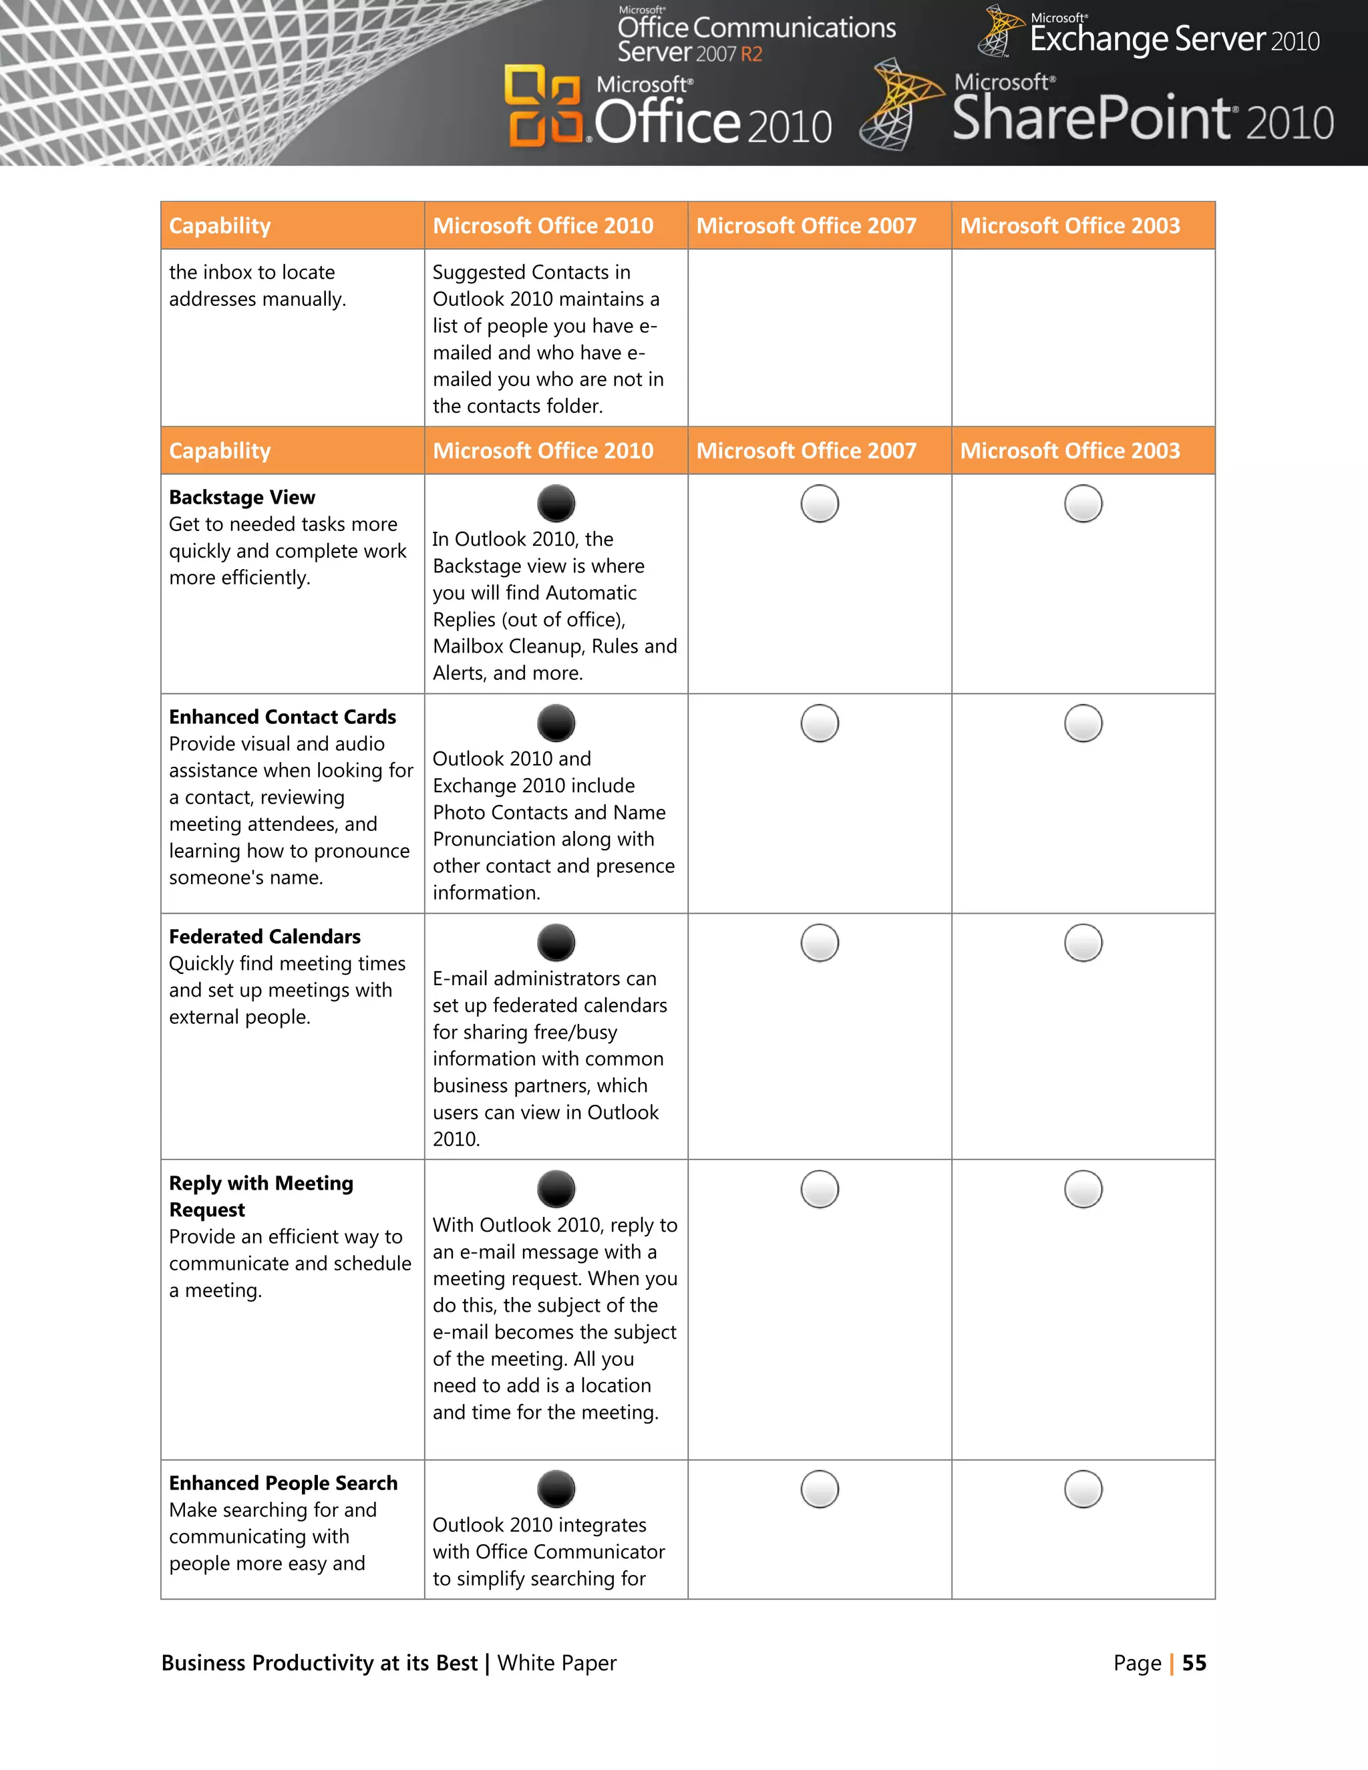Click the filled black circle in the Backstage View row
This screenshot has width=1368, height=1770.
(556, 504)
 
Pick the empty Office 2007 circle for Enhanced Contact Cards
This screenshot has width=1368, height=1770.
(820, 723)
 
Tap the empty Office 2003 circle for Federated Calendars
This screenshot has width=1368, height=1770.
(1083, 942)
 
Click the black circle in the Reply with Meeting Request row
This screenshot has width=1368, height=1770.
(556, 1189)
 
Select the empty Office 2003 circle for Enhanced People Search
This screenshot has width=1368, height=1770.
(1083, 1489)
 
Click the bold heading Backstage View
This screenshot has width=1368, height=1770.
(242, 497)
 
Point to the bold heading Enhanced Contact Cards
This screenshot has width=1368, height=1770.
(282, 717)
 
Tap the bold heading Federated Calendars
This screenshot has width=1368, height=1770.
(265, 936)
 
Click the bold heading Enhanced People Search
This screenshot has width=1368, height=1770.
(283, 1482)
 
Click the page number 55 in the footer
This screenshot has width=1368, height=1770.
(1194, 1663)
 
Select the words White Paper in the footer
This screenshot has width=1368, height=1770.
(557, 1663)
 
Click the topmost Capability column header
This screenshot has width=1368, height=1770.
(220, 225)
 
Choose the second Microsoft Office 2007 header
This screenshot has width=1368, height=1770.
(806, 451)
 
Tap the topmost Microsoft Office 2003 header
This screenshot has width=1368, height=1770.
(1070, 225)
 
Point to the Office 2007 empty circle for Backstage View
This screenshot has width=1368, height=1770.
(820, 504)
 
